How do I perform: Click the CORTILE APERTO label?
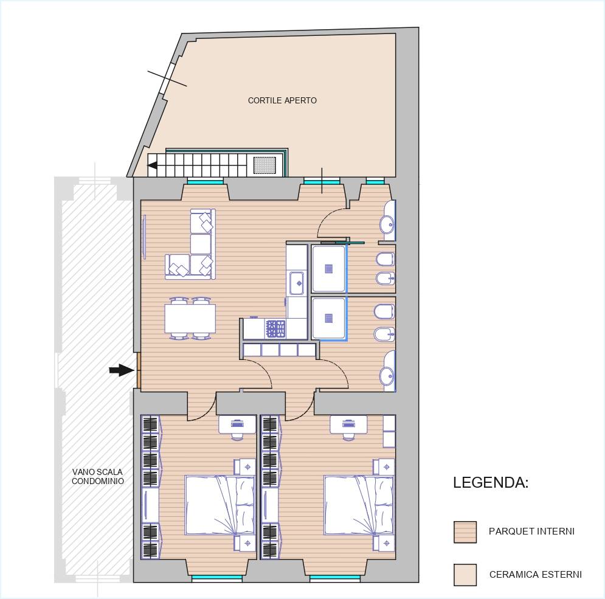[x=282, y=100]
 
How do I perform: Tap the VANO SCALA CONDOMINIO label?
[x=98, y=476]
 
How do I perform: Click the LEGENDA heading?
[x=491, y=482]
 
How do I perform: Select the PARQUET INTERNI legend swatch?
[x=465, y=532]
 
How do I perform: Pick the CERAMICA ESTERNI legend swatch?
[x=465, y=575]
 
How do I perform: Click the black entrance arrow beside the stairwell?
[x=121, y=370]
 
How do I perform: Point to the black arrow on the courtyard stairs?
[x=153, y=165]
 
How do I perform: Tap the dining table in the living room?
[x=190, y=319]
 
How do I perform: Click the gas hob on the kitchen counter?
[x=275, y=329]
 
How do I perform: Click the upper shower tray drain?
[x=329, y=268]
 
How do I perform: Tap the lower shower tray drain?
[x=329, y=318]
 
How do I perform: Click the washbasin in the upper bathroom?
[x=387, y=223]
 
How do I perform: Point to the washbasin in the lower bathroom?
[x=387, y=375]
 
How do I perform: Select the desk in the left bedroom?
[x=237, y=424]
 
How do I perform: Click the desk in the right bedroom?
[x=348, y=424]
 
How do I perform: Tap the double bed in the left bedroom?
[x=220, y=505]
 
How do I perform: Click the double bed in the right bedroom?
[x=359, y=505]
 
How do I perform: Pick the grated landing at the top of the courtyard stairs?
[x=264, y=165]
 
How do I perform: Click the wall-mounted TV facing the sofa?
[x=145, y=237]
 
